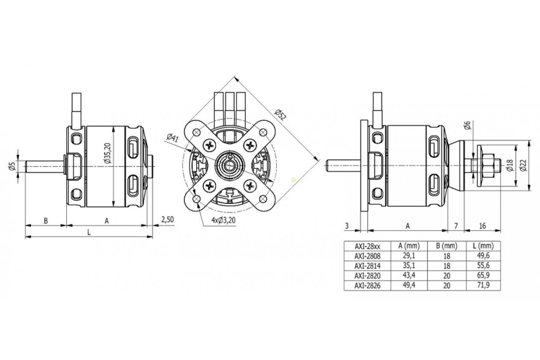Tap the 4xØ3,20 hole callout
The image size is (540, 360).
coord(224,220)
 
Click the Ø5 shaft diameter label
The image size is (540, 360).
coord(11,165)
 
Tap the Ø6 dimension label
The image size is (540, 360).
coord(467,125)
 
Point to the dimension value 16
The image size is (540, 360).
coord(483,226)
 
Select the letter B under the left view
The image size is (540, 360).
coord(45,220)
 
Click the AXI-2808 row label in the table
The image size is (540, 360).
coord(363,256)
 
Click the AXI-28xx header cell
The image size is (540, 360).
coord(363,246)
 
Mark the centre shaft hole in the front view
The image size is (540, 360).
coord(232,163)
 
